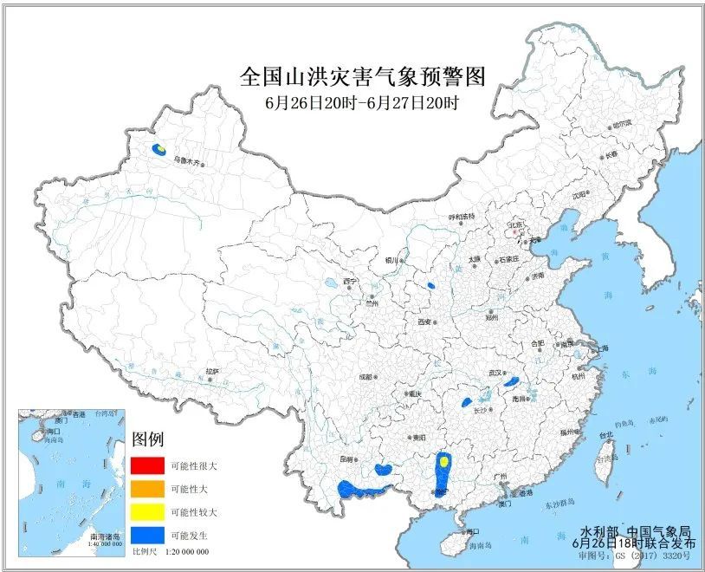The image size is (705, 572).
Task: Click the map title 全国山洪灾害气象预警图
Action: (362, 77)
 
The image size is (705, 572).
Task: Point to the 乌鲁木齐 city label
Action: (186, 161)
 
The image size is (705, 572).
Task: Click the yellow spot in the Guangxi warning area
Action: (443, 462)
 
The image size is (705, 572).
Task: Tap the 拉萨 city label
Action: (212, 371)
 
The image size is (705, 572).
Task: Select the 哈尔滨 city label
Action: (622, 125)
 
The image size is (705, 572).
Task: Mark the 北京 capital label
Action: (517, 224)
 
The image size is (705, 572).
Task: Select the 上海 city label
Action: (598, 348)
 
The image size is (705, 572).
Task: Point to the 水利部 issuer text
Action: (598, 530)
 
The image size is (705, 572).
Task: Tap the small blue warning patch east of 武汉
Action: (511, 380)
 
